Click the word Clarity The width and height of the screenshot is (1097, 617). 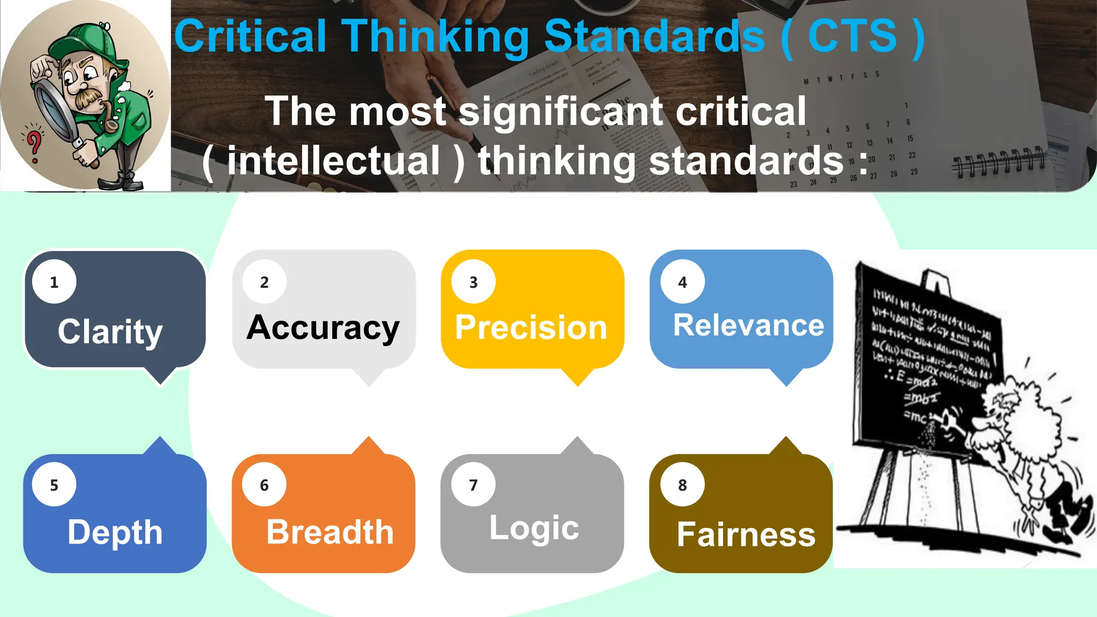110,332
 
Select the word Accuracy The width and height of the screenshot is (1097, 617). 323,328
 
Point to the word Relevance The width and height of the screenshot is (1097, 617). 748,325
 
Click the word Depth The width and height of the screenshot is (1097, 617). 115,532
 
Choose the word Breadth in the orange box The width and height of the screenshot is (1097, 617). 330,532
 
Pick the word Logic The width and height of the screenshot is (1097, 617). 534,528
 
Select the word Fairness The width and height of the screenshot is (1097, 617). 746,535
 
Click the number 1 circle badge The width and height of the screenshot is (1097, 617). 54,282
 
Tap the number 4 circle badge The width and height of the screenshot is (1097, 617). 682,282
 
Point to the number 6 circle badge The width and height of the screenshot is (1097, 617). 264,485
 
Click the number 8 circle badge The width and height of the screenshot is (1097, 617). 682,485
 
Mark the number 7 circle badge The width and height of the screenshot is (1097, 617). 474,485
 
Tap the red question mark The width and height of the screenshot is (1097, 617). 34,145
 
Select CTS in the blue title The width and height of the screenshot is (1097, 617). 852,36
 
